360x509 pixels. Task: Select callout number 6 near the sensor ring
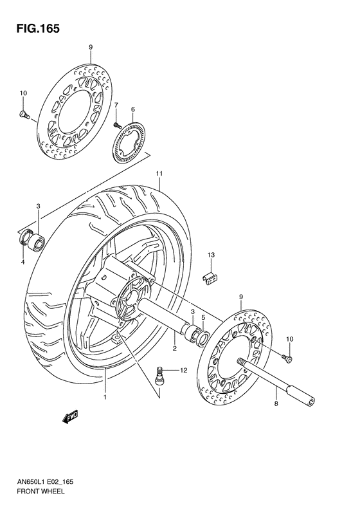(133, 110)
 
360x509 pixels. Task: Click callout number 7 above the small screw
(116, 105)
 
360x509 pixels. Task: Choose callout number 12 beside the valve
(183, 370)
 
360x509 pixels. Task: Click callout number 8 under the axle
(276, 405)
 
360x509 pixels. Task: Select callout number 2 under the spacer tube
(174, 348)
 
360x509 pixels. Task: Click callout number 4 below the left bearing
(22, 262)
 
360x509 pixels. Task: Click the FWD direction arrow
(71, 419)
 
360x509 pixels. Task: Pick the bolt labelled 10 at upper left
(24, 115)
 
